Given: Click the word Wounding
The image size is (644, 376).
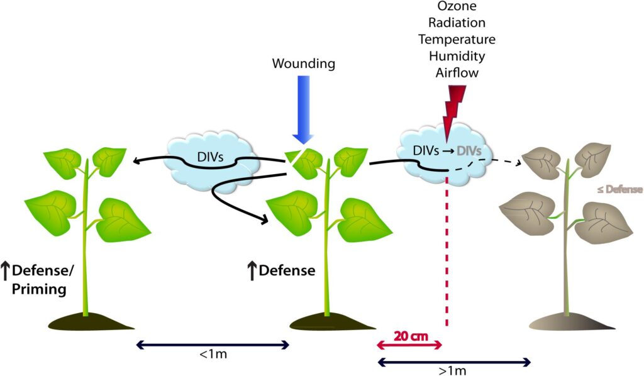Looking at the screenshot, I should pyautogui.click(x=304, y=64).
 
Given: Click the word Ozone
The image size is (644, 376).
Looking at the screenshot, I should pyautogui.click(x=457, y=7).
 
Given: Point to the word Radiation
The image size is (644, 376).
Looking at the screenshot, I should pyautogui.click(x=457, y=23).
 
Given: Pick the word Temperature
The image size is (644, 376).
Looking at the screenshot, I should pyautogui.click(x=457, y=40).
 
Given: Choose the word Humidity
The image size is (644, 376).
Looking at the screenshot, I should pyautogui.click(x=457, y=56).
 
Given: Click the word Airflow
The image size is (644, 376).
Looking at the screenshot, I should pyautogui.click(x=457, y=72).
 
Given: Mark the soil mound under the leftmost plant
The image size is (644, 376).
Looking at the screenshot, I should pyautogui.click(x=84, y=323).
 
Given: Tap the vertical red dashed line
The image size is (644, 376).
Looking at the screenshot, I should pyautogui.click(x=447, y=252).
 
